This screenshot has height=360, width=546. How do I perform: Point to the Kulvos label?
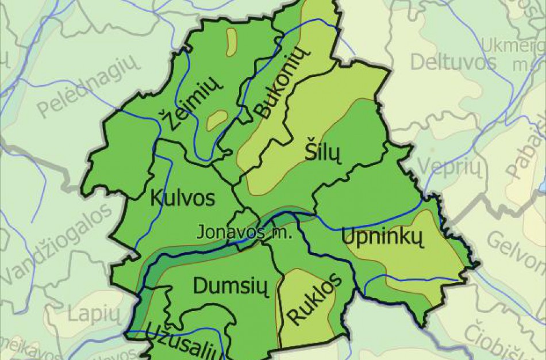click(182, 198)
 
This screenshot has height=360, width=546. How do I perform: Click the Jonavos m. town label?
click(245, 233)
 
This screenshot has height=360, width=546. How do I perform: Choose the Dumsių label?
click(231, 286)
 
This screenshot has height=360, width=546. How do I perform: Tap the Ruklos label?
click(314, 299)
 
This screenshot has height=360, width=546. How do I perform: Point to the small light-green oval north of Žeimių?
click(232, 41)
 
